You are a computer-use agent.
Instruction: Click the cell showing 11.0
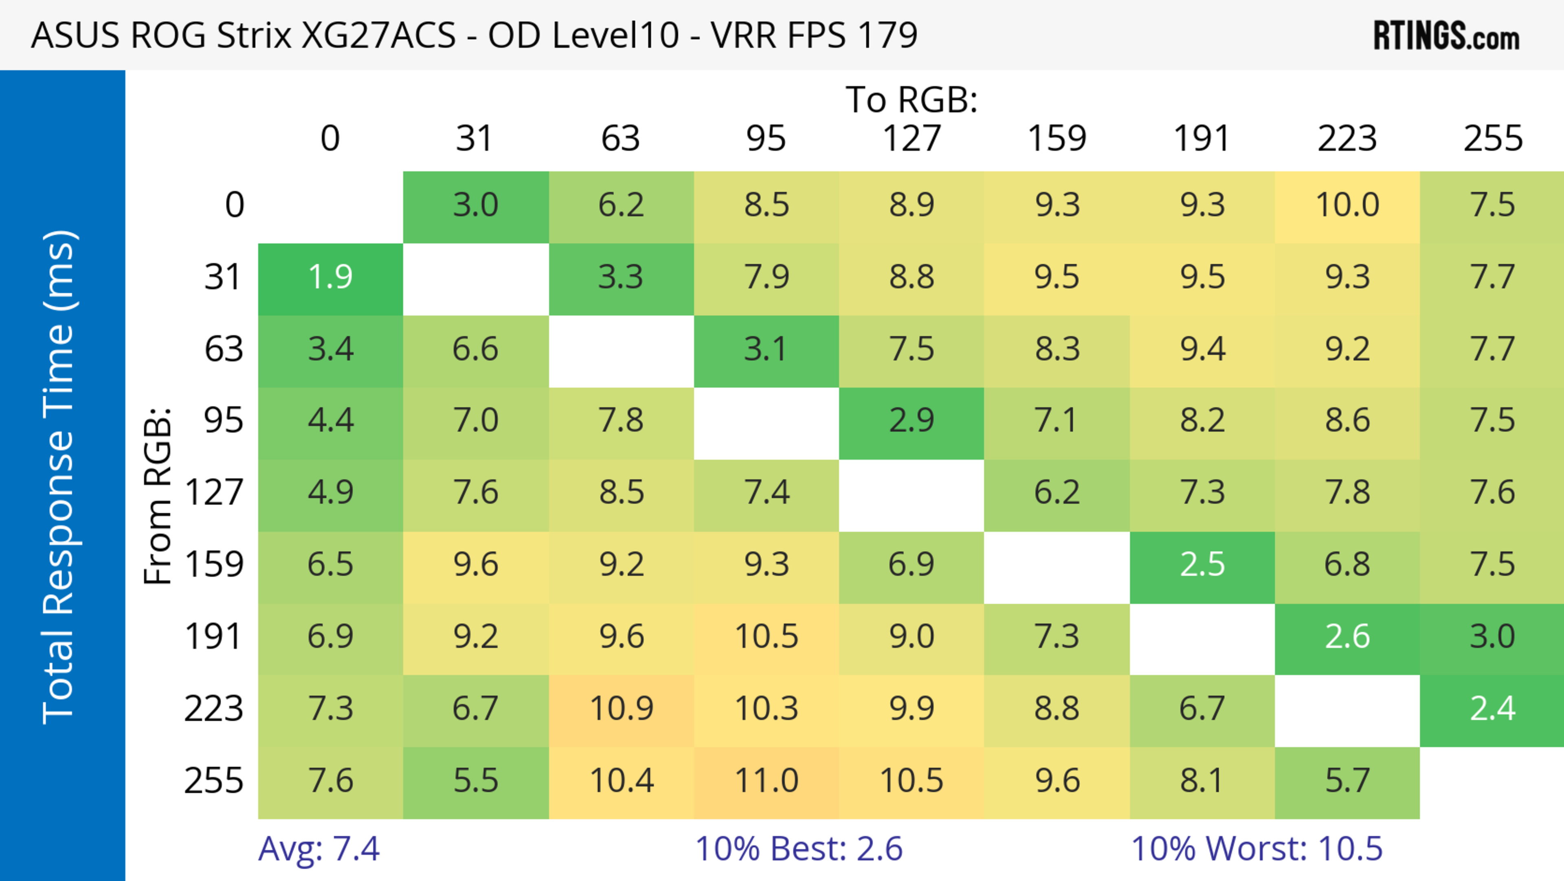tap(766, 781)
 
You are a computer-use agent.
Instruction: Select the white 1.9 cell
tap(330, 278)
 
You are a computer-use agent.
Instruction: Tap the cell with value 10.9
tap(621, 709)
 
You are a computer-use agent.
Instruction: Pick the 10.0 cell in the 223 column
tap(1347, 205)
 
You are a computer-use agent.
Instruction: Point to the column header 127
tap(912, 139)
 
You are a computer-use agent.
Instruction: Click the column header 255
tap(1492, 139)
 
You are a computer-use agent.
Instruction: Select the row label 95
tap(224, 420)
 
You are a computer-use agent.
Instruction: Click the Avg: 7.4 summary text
tap(319, 849)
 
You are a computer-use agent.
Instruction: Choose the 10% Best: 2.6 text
tap(798, 849)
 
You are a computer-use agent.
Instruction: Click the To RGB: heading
tap(912, 99)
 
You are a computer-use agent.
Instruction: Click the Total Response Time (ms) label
tap(59, 477)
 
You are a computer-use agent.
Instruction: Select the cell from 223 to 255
tap(1492, 709)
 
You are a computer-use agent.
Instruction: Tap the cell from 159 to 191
tap(1202, 565)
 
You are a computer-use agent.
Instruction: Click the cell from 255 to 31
tap(475, 781)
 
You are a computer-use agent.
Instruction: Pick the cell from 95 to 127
tap(912, 420)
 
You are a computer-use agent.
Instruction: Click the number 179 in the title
tap(887, 35)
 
